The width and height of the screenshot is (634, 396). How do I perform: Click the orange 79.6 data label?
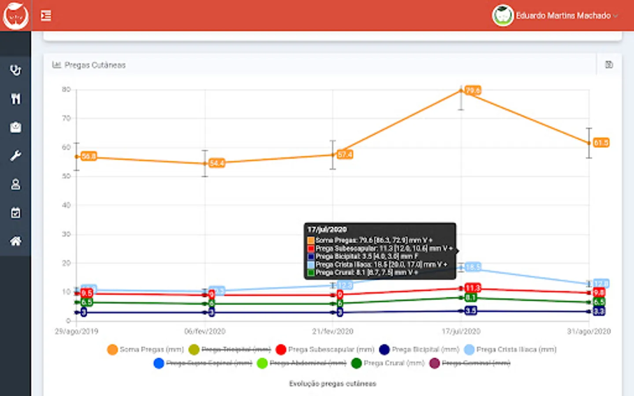(x=473, y=91)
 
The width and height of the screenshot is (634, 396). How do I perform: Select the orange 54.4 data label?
(x=217, y=163)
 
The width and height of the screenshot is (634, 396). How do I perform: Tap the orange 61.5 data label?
(x=601, y=143)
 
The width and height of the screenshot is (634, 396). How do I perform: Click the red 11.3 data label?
(x=472, y=288)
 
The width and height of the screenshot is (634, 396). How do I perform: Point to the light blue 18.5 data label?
(x=473, y=267)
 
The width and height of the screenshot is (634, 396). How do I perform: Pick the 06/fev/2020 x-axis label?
(x=205, y=331)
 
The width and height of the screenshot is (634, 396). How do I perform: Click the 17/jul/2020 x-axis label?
(x=461, y=331)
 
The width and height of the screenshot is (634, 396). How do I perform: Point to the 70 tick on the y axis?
(x=66, y=118)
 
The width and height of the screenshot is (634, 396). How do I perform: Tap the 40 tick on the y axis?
(x=66, y=205)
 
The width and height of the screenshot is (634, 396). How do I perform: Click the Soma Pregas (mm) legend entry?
(x=146, y=349)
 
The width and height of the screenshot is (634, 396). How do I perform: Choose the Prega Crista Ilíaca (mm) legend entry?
(x=511, y=349)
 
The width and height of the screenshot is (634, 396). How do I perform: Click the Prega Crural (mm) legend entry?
(x=388, y=363)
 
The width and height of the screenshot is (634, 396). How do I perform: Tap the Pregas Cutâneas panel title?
(x=95, y=65)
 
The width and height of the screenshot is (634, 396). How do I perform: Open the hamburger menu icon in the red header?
(x=46, y=16)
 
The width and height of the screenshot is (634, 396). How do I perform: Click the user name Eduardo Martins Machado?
(x=563, y=16)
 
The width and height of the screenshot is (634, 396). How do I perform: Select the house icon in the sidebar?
(x=16, y=241)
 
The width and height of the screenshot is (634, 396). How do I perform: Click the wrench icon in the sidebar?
(x=16, y=156)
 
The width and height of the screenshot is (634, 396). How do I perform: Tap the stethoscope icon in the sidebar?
(x=16, y=70)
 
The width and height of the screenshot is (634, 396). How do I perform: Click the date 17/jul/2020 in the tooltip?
(x=327, y=230)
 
